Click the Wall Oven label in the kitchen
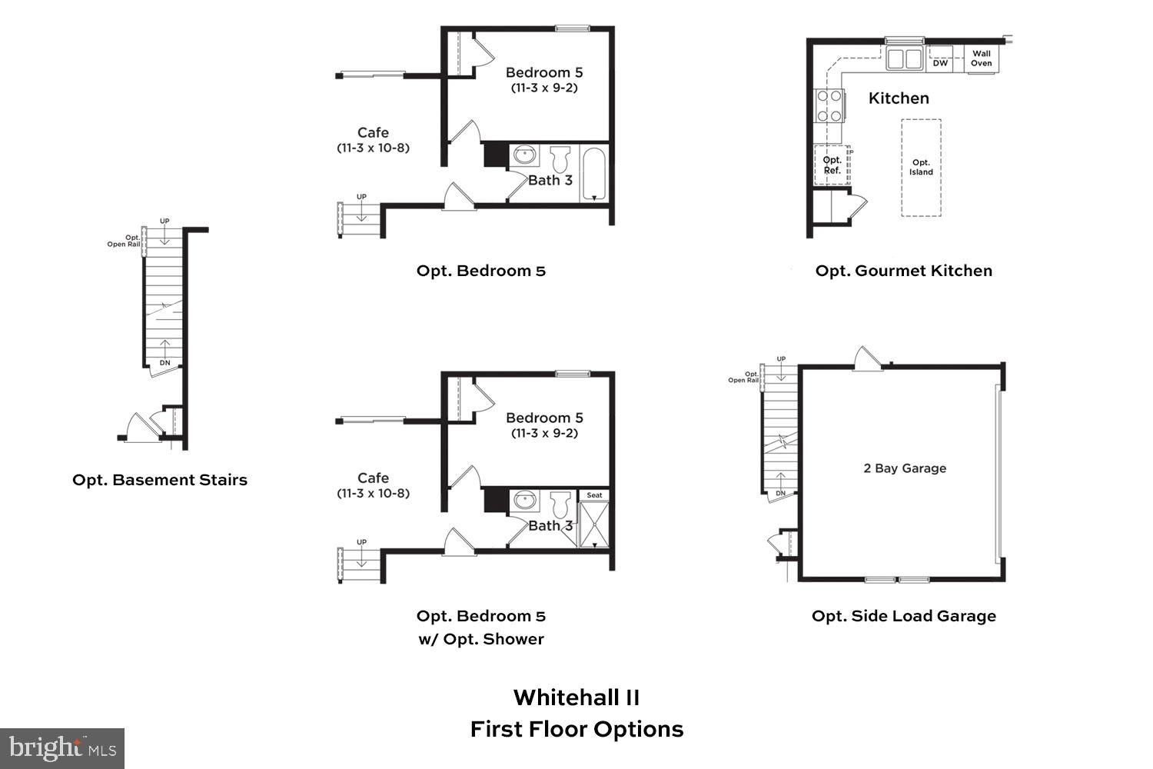981,58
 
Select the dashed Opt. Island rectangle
921,168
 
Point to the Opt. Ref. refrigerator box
832,165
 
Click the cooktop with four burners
829,106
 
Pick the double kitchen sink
904,58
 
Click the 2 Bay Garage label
905,468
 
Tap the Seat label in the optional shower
594,495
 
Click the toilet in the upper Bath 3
560,159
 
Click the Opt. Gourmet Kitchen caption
903,271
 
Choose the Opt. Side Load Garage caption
903,616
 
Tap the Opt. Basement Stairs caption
160,480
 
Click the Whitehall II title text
576,697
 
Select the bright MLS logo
62,748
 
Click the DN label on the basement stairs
164,362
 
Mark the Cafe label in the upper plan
373,132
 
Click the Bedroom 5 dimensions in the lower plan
544,433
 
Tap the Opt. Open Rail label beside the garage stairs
743,378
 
